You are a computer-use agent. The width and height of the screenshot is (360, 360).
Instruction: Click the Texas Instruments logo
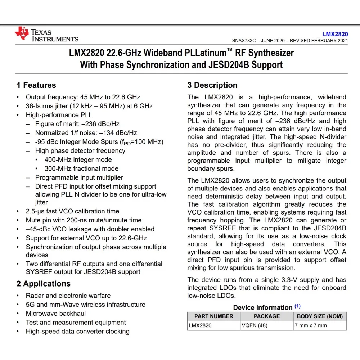(46, 35)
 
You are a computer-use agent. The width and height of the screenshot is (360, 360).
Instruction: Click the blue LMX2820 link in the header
(335, 34)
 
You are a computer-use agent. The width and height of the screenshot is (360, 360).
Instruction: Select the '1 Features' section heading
(36, 85)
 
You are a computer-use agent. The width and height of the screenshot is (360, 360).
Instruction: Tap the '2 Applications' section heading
(44, 284)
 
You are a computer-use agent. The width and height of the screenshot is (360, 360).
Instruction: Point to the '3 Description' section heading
(212, 85)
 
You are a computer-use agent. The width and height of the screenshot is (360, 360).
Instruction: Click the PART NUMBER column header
(214, 316)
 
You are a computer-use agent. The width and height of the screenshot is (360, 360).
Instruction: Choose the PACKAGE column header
(267, 316)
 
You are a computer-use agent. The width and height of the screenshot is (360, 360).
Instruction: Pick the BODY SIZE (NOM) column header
(320, 316)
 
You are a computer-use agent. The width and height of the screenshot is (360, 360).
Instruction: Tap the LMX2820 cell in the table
(200, 325)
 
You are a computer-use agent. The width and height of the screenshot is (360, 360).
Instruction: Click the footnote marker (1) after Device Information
(297, 306)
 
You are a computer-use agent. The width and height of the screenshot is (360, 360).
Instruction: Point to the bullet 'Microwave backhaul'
(56, 314)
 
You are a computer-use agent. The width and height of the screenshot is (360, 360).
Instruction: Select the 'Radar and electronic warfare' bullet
(68, 296)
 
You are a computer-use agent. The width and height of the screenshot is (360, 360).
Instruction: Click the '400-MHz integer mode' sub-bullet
(78, 160)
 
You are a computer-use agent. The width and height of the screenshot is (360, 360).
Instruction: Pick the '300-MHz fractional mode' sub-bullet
(81, 168)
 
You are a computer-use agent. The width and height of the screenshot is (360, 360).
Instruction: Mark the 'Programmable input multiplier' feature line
(79, 177)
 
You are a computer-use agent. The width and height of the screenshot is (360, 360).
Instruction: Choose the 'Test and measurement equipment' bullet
(76, 323)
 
